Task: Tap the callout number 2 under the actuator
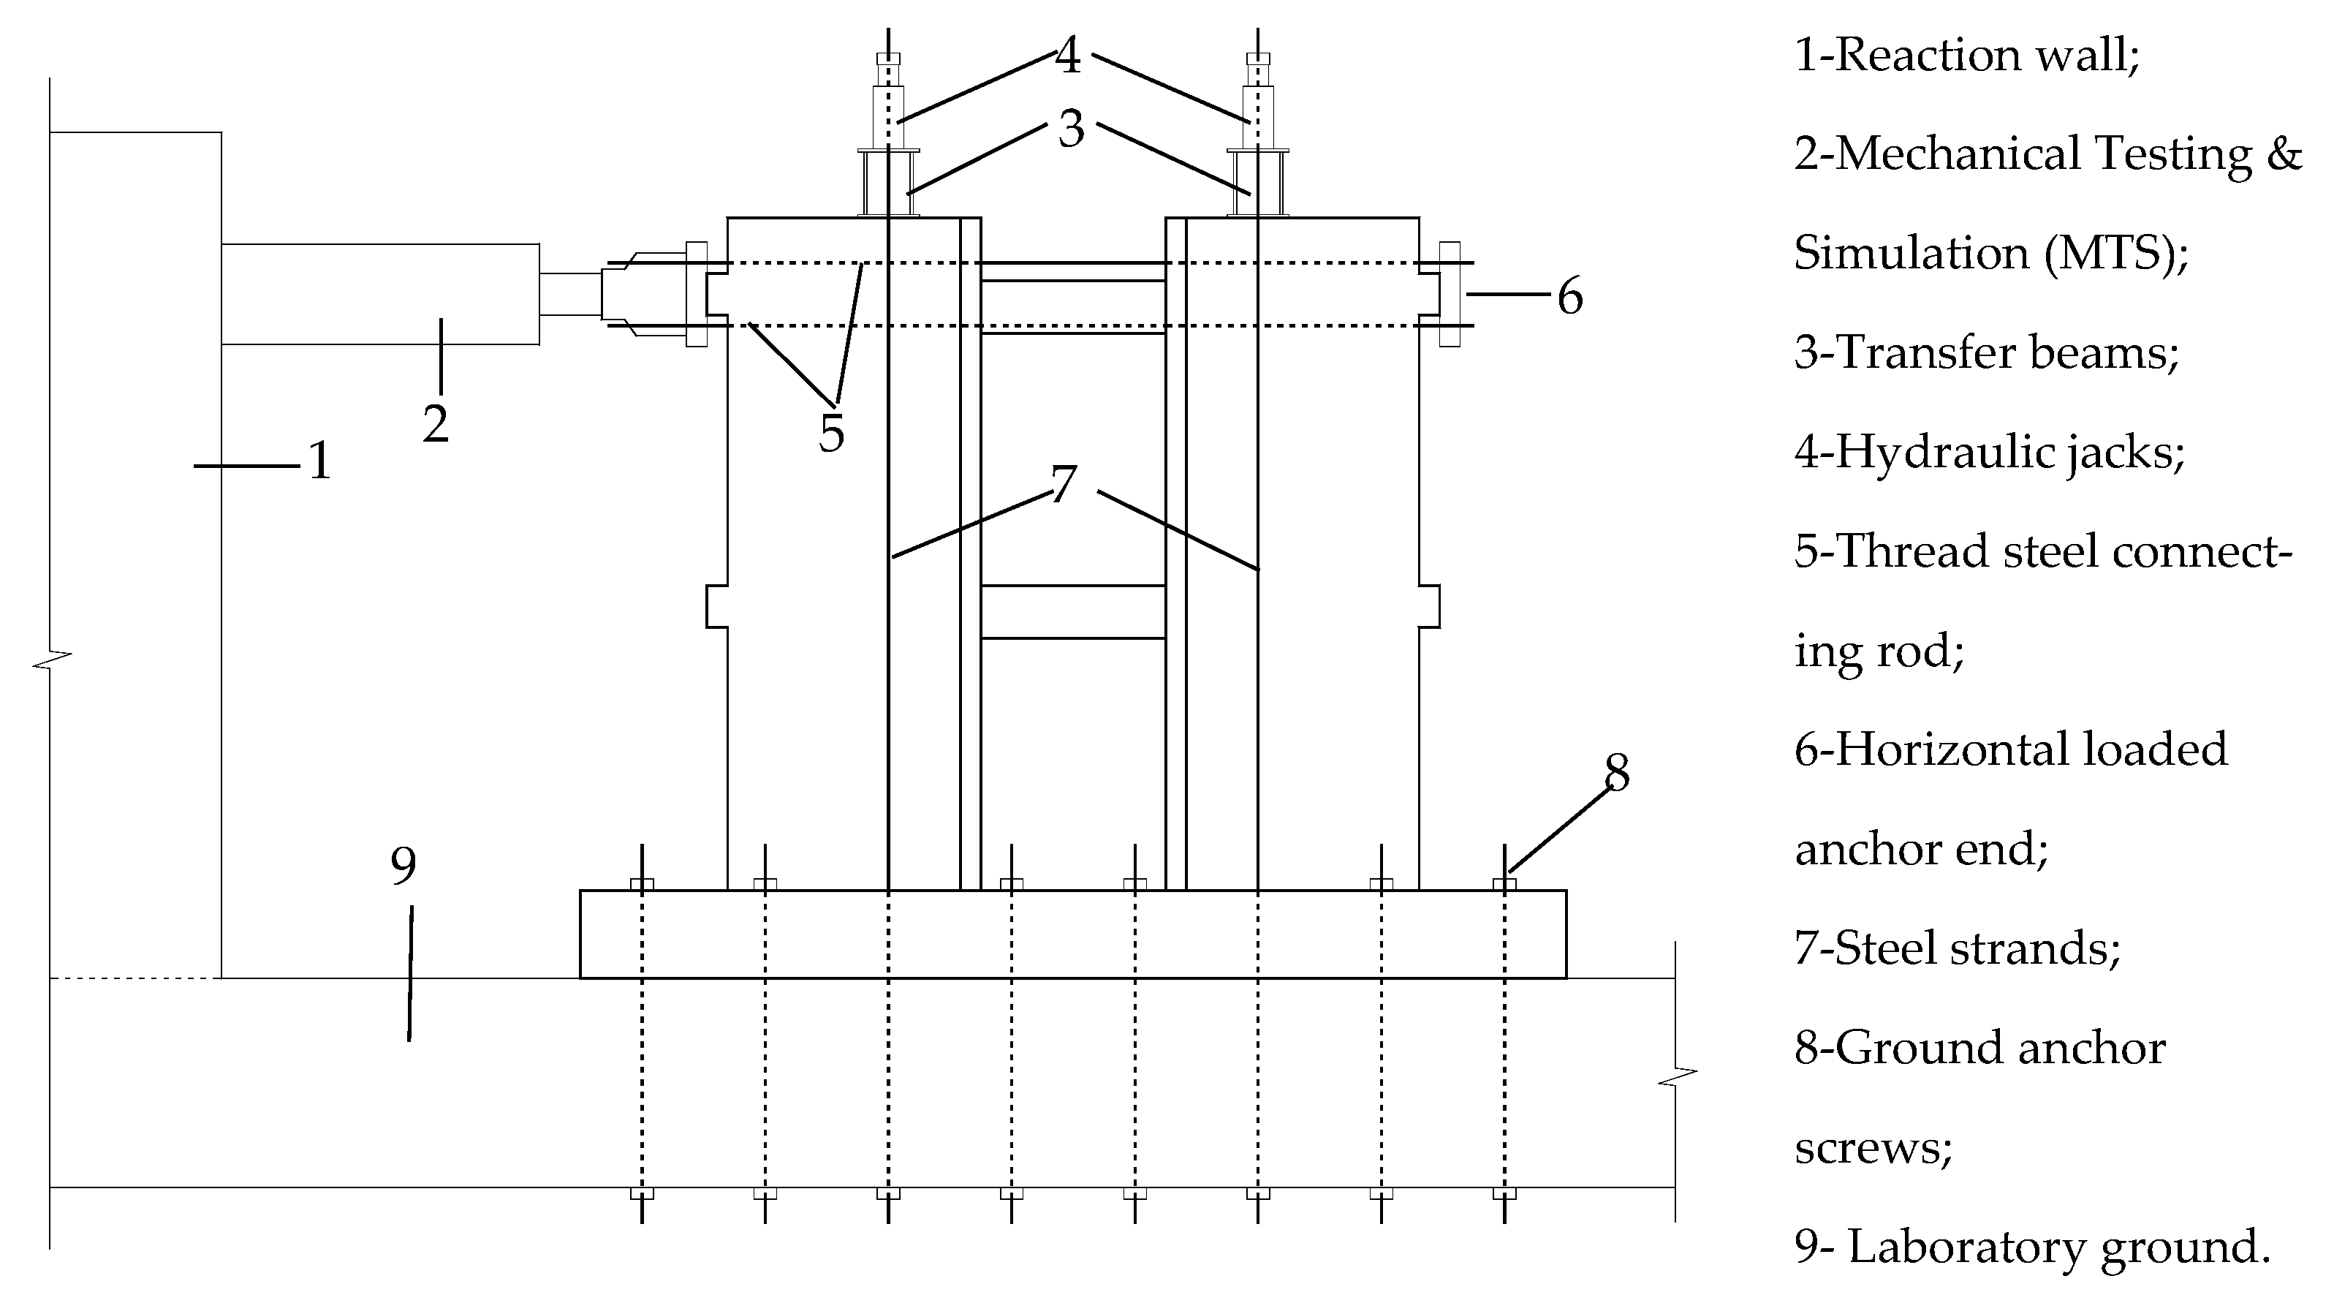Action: [x=436, y=424]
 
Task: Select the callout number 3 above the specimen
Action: [x=1071, y=129]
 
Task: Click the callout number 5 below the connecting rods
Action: [x=832, y=433]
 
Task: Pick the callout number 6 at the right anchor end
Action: [x=1570, y=296]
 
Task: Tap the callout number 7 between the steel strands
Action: [x=1064, y=484]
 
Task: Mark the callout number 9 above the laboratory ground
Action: [x=403, y=866]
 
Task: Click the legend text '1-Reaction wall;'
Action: [x=1967, y=56]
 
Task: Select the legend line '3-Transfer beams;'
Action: [x=1986, y=352]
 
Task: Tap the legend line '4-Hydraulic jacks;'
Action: [x=1990, y=451]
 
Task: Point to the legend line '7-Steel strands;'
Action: [x=1957, y=948]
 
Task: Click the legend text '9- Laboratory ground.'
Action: [x=2032, y=1247]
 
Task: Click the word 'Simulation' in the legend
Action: [x=1910, y=253]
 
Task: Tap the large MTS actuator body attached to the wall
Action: [x=381, y=294]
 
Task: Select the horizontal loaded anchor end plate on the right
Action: [x=1449, y=294]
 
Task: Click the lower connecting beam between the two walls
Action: [x=1073, y=611]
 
